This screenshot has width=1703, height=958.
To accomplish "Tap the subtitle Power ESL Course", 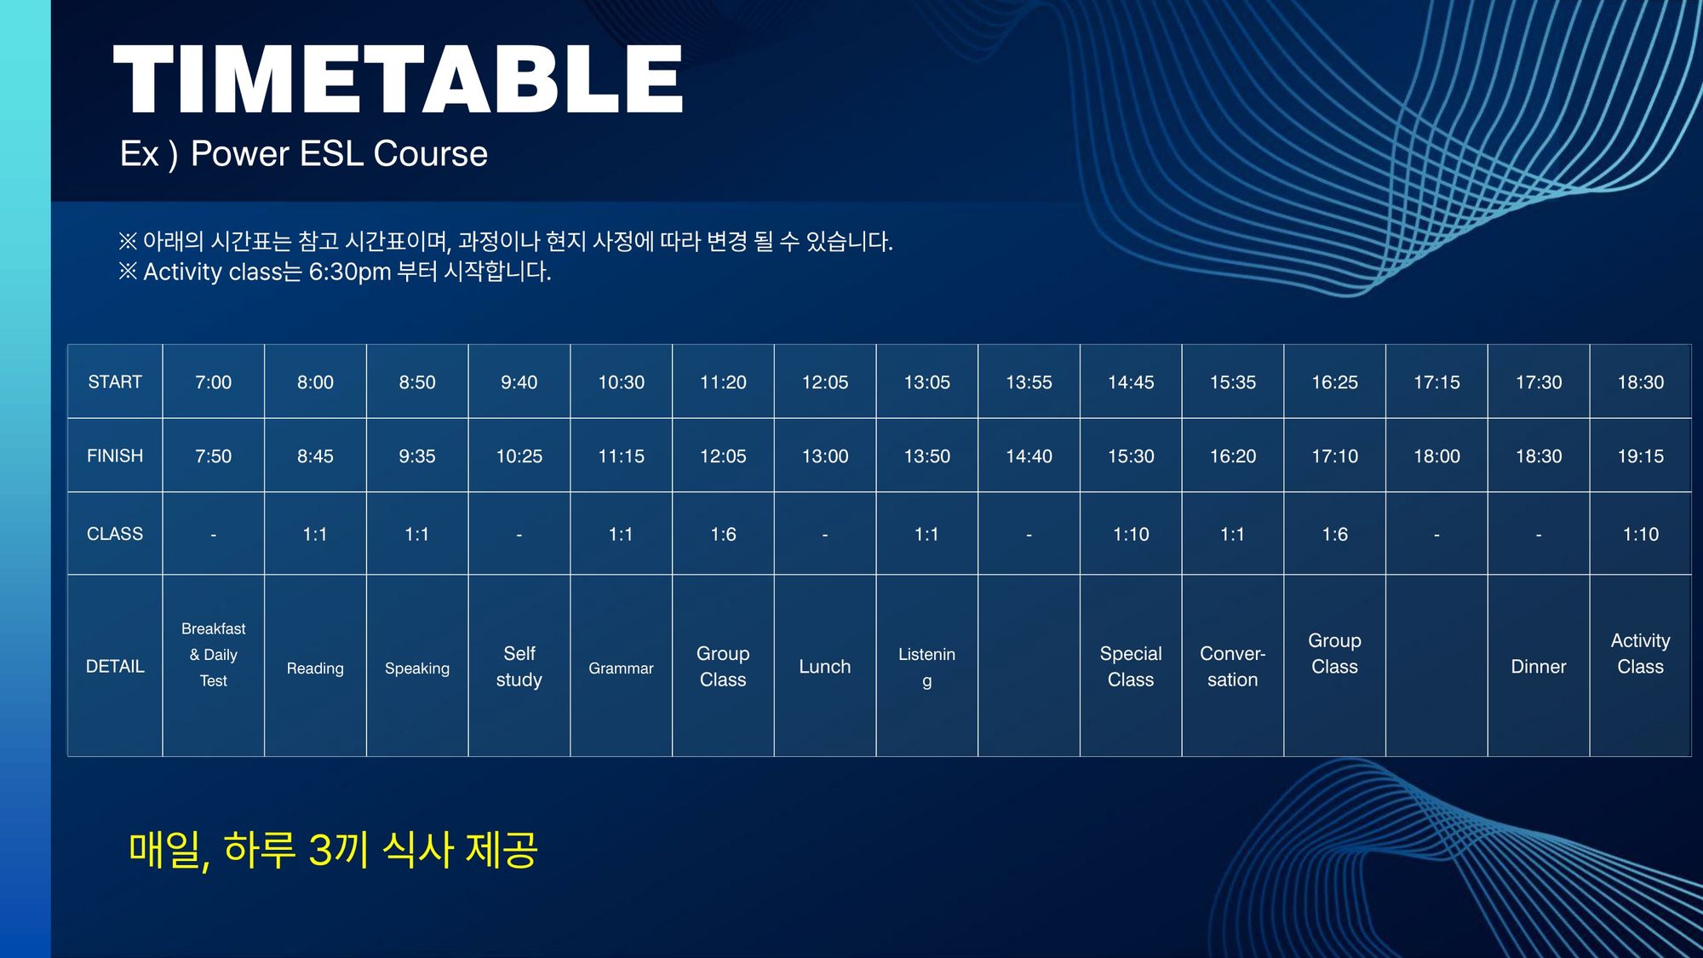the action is click(x=339, y=154).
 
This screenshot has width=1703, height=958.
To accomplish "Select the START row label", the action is click(x=115, y=382).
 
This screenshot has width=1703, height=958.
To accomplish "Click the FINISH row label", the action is click(x=115, y=456).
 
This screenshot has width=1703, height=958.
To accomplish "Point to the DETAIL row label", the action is click(x=115, y=667).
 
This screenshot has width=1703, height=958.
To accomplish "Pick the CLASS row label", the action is click(x=115, y=534).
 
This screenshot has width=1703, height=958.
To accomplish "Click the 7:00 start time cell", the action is click(x=213, y=382).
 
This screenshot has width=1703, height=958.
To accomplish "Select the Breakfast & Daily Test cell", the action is click(x=213, y=654).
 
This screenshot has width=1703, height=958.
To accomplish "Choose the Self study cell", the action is click(x=519, y=667).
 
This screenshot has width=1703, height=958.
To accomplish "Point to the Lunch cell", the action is click(x=825, y=667).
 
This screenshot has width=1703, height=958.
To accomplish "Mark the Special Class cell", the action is click(x=1131, y=667).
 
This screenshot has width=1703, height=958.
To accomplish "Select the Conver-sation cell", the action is click(x=1233, y=667).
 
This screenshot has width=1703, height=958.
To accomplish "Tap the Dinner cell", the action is click(x=1539, y=667).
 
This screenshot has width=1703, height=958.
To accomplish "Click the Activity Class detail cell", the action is click(x=1640, y=654).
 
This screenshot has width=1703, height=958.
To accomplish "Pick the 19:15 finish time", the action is click(x=1641, y=456).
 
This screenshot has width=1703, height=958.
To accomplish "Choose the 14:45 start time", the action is click(x=1131, y=382).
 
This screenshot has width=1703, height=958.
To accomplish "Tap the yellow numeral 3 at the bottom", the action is click(x=320, y=850).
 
